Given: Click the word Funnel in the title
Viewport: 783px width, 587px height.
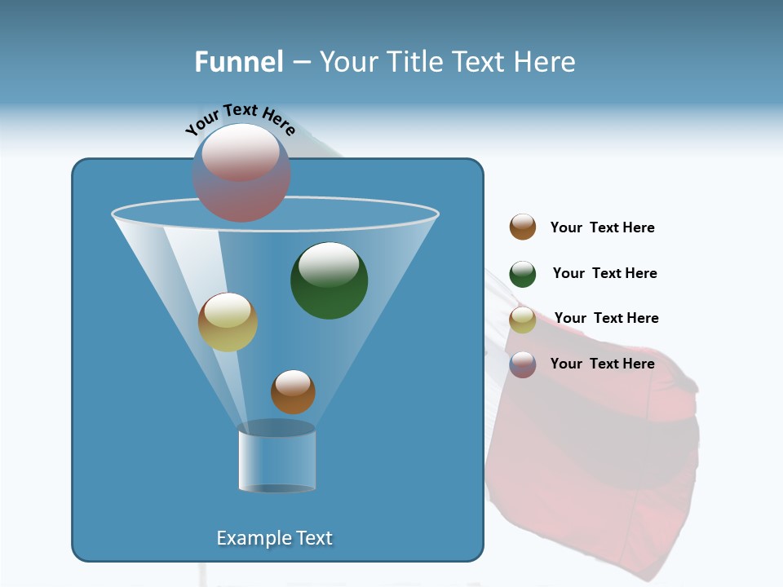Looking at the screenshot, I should click(238, 62).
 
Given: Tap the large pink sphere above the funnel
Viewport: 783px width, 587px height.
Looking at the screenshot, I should click(241, 172).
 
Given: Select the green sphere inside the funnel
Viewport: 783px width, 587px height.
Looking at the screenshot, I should click(329, 280).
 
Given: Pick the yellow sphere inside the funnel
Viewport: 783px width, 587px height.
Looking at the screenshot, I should click(228, 322).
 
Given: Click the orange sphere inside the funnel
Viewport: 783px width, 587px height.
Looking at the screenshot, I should click(293, 391).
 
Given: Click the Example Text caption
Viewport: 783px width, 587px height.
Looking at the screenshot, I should click(274, 538).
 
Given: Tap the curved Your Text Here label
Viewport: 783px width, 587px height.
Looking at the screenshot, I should click(240, 119).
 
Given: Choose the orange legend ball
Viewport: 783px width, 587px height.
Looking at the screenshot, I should click(523, 227).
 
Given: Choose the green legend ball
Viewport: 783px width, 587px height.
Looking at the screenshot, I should click(523, 274).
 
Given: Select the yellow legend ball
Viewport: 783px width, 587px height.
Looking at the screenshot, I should click(523, 320).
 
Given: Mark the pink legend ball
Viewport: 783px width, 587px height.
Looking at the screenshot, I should click(523, 364).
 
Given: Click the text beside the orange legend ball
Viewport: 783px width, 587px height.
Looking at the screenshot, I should click(602, 227).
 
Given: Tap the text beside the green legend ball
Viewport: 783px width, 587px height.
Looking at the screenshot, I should click(604, 273).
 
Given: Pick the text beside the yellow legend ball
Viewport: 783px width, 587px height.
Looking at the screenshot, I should click(606, 318).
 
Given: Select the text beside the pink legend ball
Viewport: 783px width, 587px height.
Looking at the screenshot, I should click(602, 364).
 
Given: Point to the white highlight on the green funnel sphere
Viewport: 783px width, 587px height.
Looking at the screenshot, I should click(329, 263).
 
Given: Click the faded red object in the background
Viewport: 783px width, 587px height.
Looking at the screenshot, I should click(595, 457).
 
